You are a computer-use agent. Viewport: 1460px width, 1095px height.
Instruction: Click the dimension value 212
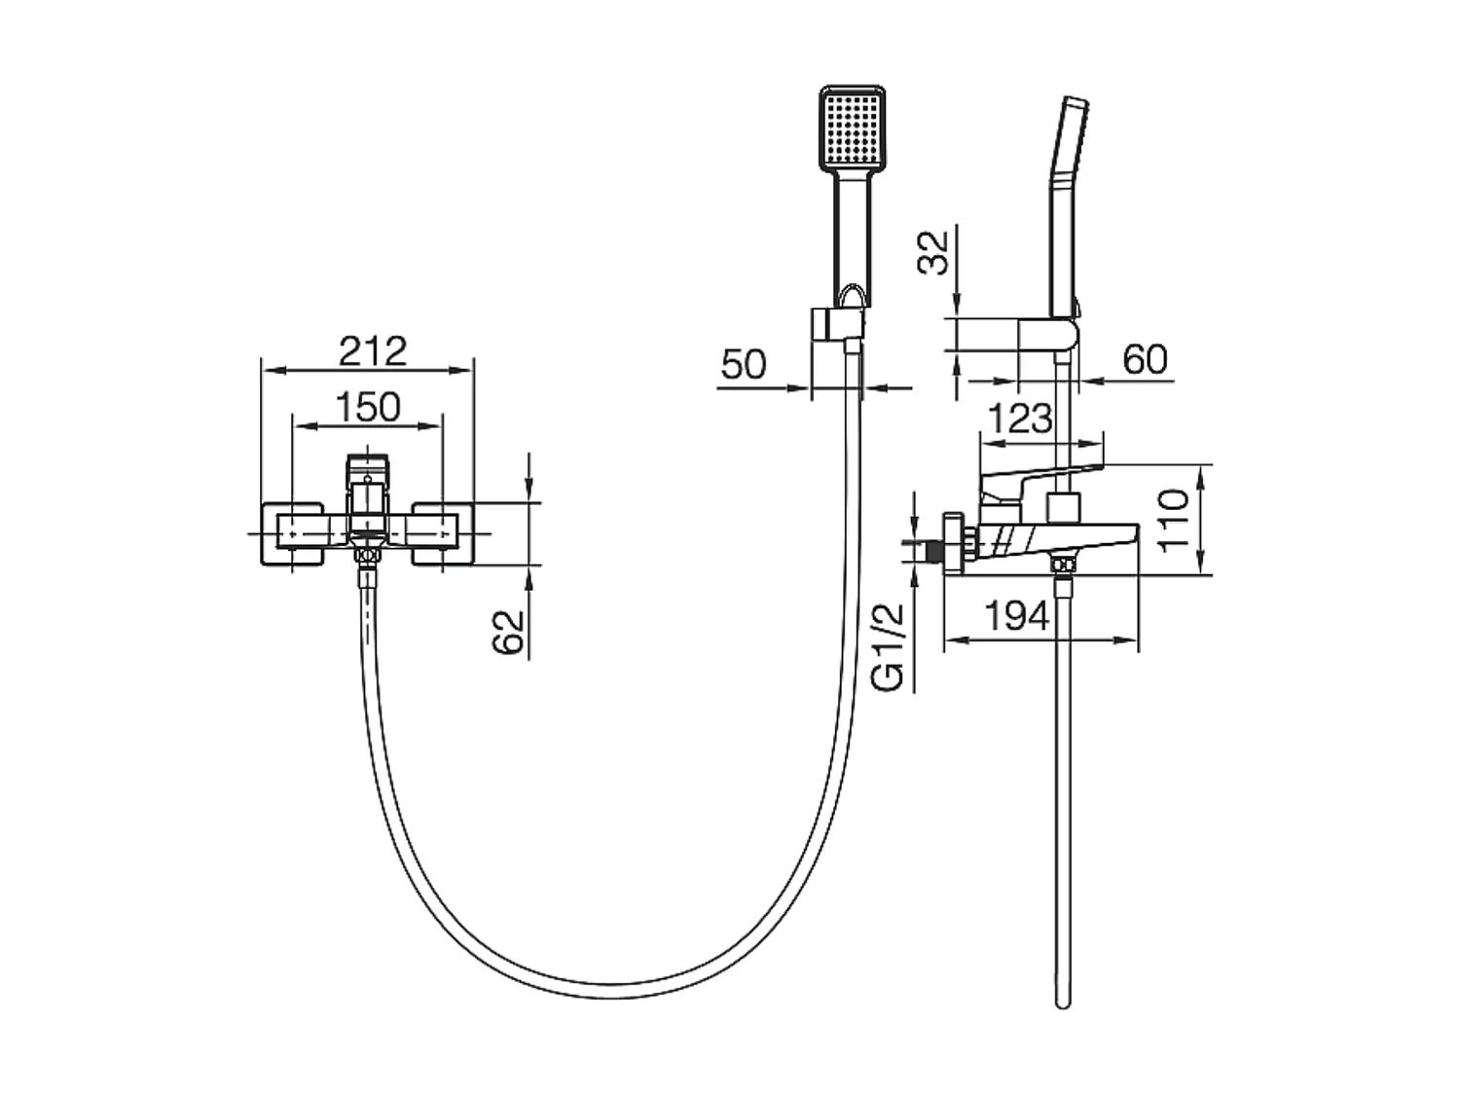372,350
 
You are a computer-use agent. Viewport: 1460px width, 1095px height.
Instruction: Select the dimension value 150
370,407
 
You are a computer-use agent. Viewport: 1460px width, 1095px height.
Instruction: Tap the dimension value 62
510,633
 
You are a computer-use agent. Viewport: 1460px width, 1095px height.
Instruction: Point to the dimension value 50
744,365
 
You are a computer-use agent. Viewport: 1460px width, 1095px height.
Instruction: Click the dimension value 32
934,253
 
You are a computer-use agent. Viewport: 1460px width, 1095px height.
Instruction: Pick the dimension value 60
1145,360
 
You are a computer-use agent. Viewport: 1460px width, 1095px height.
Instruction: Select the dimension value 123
1020,419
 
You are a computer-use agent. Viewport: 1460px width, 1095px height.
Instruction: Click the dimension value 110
1176,521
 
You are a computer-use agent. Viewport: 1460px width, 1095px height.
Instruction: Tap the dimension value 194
1018,615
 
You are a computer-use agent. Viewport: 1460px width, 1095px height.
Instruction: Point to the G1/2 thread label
890,647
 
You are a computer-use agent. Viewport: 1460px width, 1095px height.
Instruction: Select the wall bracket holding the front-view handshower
835,324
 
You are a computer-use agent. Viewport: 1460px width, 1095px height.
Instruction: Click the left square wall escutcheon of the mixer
292,532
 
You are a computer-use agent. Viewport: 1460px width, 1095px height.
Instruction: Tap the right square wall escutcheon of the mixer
444,532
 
